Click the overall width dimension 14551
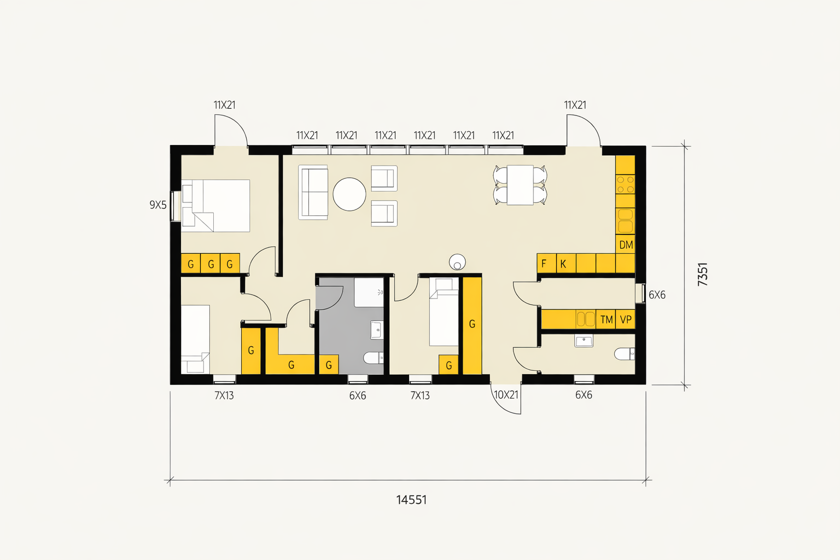click(411, 500)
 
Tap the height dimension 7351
click(703, 274)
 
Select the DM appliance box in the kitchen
click(626, 244)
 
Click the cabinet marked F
click(546, 263)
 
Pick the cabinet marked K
click(566, 263)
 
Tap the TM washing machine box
click(605, 319)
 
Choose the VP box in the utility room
click(626, 319)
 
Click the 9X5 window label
click(158, 205)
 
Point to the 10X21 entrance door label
click(506, 395)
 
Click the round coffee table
click(349, 194)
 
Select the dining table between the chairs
click(520, 185)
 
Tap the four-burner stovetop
click(625, 184)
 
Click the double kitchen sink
click(625, 221)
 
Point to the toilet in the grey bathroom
click(374, 358)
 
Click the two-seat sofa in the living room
click(313, 192)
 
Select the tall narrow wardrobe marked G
click(472, 325)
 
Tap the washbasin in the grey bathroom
click(377, 330)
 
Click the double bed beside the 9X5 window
click(215, 206)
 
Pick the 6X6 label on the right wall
click(657, 295)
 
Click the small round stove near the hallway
click(457, 262)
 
